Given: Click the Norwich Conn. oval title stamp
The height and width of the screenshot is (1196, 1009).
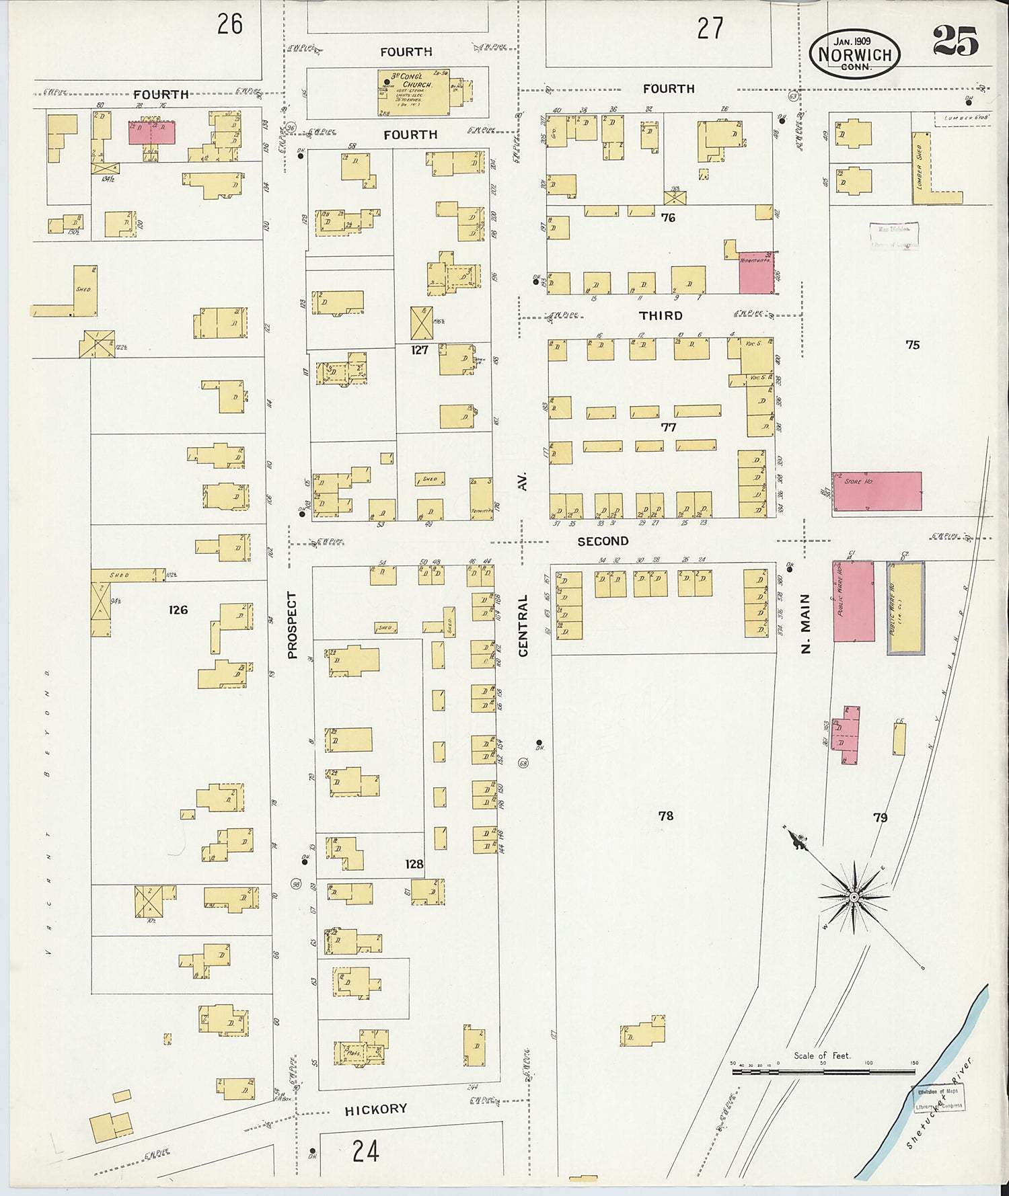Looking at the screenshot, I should click(854, 54).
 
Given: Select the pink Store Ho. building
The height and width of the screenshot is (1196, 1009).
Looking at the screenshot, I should click(876, 491).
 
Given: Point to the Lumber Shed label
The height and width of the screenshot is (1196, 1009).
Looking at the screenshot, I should click(918, 165).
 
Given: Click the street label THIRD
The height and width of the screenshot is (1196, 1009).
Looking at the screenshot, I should click(661, 315).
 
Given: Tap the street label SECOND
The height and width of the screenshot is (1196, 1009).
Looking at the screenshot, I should click(603, 541).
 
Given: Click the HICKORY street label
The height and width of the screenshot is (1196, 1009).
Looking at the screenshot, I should click(375, 1109).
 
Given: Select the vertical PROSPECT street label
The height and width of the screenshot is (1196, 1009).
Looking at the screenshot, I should click(292, 625).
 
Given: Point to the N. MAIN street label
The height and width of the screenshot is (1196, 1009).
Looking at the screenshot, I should click(806, 623).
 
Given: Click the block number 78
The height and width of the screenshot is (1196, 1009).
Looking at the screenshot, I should click(665, 815).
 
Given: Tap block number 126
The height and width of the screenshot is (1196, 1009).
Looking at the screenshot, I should click(178, 610).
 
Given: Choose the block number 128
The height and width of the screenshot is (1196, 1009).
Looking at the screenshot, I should click(414, 864).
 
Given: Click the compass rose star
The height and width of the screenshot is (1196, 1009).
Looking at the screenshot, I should click(853, 897).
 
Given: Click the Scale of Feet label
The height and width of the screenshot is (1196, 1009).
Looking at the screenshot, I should click(821, 1055).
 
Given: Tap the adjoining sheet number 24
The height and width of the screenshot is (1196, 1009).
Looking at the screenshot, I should click(365, 1152).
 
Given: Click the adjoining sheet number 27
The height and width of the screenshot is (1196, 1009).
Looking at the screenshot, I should click(710, 28).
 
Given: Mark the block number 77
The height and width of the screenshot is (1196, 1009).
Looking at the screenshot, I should click(668, 427).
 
